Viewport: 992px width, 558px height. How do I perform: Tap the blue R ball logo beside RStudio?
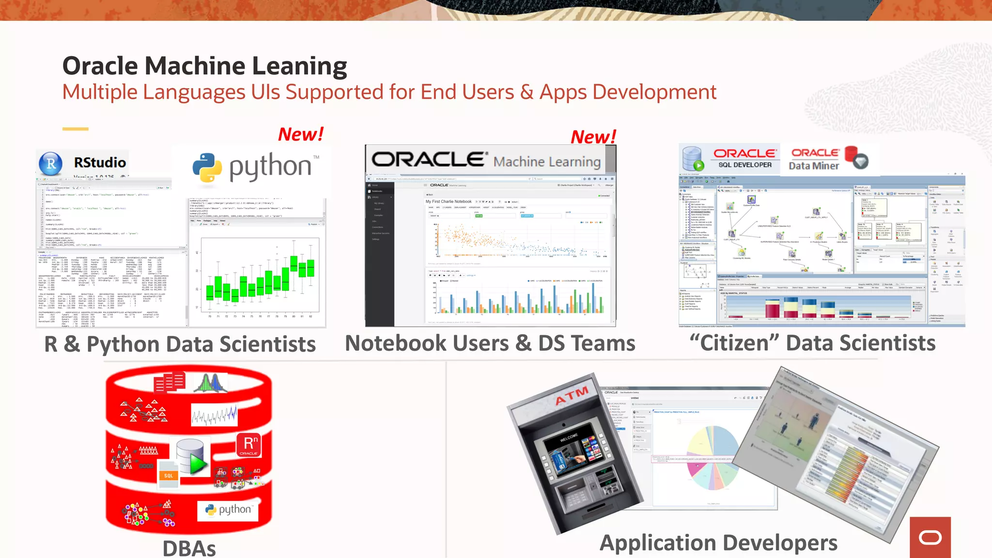(x=51, y=164)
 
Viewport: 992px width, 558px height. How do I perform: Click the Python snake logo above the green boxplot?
(x=207, y=168)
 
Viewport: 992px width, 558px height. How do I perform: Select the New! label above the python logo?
(x=300, y=134)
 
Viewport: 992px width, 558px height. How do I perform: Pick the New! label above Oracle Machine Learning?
(x=593, y=137)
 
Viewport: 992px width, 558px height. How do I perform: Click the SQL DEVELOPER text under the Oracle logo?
(x=745, y=165)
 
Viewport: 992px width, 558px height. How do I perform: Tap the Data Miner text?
(x=814, y=166)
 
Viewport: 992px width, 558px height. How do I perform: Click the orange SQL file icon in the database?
(x=168, y=475)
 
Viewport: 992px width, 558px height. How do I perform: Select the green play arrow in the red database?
(x=198, y=463)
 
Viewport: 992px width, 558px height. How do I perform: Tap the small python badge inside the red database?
(x=228, y=510)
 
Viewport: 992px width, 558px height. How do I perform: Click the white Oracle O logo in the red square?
(x=930, y=537)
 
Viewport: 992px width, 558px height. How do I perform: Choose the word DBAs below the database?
(x=189, y=549)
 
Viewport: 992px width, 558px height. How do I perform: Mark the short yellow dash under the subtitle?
(x=75, y=129)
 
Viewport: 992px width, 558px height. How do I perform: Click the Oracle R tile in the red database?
(x=248, y=445)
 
